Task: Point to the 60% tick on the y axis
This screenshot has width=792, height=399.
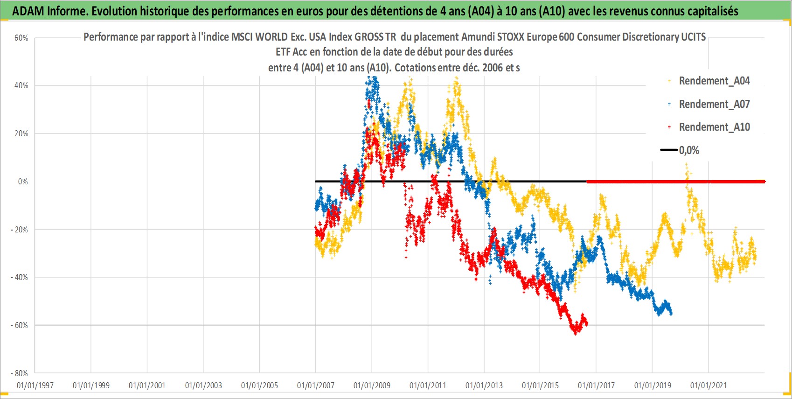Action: click(x=21, y=38)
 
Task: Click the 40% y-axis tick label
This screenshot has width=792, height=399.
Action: click(x=21, y=85)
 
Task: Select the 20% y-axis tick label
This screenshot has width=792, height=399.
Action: click(x=21, y=133)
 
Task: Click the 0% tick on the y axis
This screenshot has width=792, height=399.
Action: click(x=23, y=182)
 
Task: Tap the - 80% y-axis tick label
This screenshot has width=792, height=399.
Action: click(x=19, y=373)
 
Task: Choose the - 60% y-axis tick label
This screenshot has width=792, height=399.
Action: click(x=19, y=325)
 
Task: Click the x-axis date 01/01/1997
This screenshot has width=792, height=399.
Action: click(x=35, y=385)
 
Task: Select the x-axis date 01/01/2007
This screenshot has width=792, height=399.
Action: click(x=316, y=385)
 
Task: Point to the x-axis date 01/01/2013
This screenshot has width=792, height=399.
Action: click(x=484, y=385)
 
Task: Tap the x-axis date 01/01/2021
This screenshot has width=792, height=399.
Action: click(x=709, y=385)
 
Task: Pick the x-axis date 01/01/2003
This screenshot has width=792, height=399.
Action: click(x=203, y=385)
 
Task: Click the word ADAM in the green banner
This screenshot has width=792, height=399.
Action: click(x=28, y=11)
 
